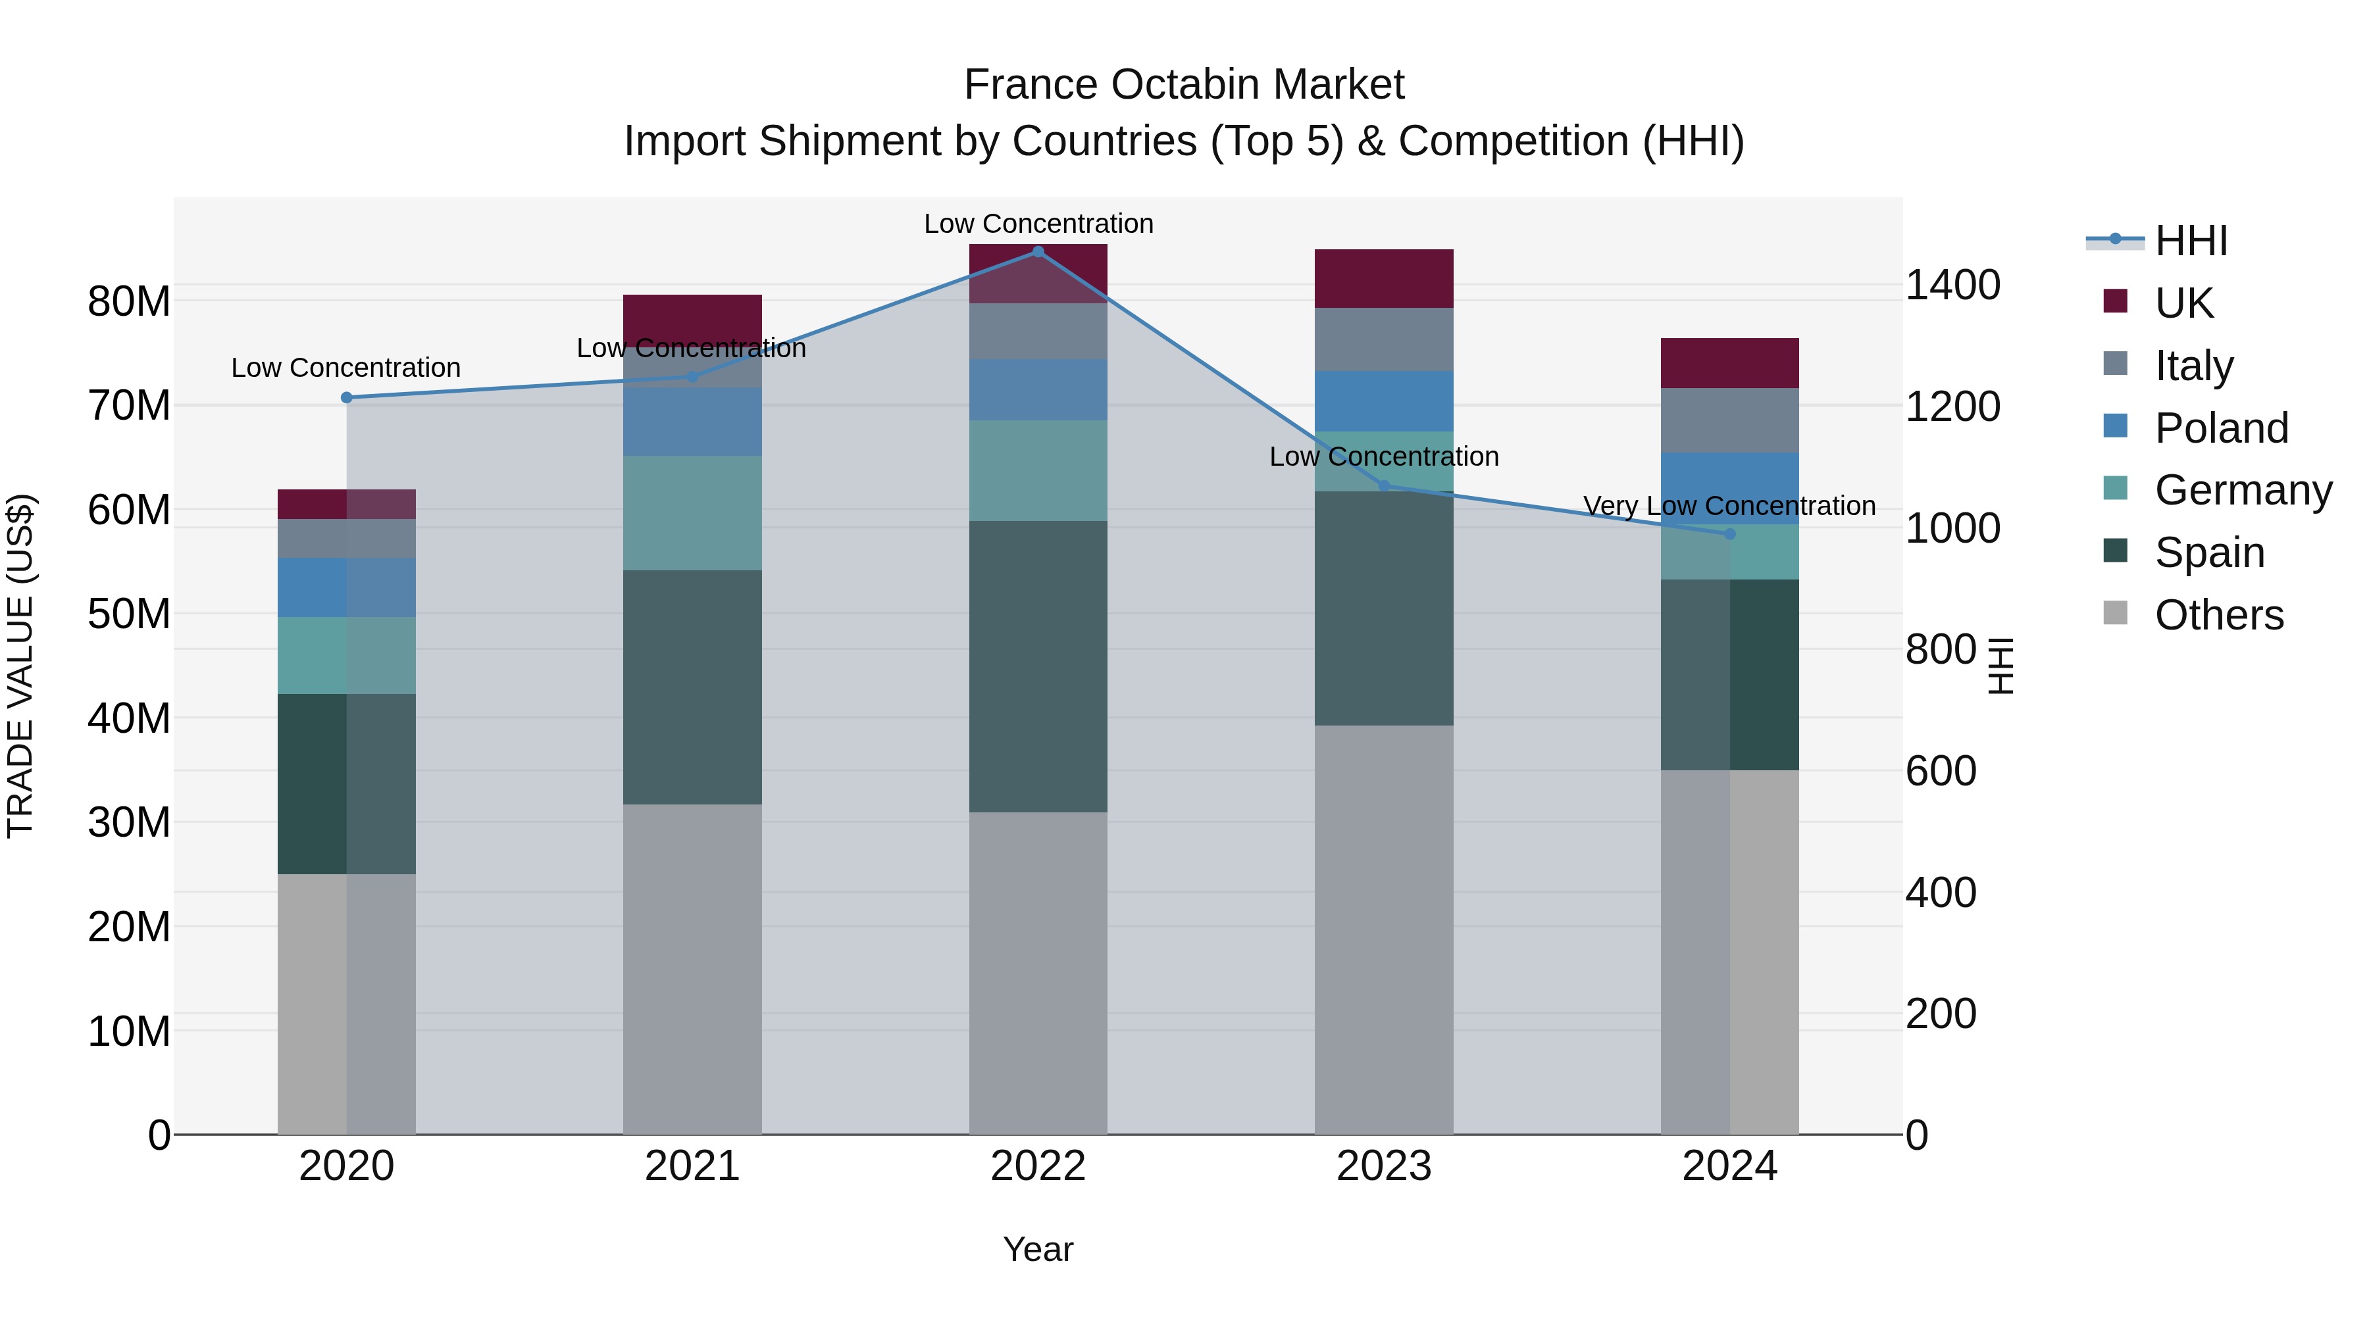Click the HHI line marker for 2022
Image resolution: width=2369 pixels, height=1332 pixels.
click(x=1038, y=252)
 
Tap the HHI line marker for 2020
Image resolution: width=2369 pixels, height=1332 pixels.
click(x=347, y=398)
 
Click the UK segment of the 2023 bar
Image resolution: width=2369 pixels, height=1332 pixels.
click(x=1383, y=278)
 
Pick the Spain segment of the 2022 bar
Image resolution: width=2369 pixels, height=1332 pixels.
click(x=1038, y=666)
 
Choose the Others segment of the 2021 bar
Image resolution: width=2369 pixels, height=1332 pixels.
click(x=692, y=969)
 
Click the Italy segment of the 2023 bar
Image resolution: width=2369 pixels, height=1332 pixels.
click(x=1383, y=339)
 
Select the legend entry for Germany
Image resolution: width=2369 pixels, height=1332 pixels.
click(x=2242, y=490)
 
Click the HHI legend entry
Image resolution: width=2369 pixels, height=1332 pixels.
click(x=2191, y=241)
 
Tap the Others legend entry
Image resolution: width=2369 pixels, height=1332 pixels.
click(x=2218, y=615)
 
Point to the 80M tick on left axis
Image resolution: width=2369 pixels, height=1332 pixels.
click(x=129, y=301)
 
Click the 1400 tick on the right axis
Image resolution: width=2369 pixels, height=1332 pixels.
click(x=1952, y=285)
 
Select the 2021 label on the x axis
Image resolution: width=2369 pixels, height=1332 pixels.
click(x=692, y=1166)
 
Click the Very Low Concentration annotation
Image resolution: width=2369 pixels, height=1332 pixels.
click(x=1729, y=506)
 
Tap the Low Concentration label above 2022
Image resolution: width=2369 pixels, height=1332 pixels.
click(x=1038, y=224)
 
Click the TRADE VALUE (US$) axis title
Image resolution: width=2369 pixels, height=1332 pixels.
click(x=20, y=666)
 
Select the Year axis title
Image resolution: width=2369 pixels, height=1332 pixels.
click(x=1038, y=1249)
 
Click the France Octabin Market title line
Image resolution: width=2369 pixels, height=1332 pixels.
click(x=1184, y=85)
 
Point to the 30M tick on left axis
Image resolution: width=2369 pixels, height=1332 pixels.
click(x=129, y=823)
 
